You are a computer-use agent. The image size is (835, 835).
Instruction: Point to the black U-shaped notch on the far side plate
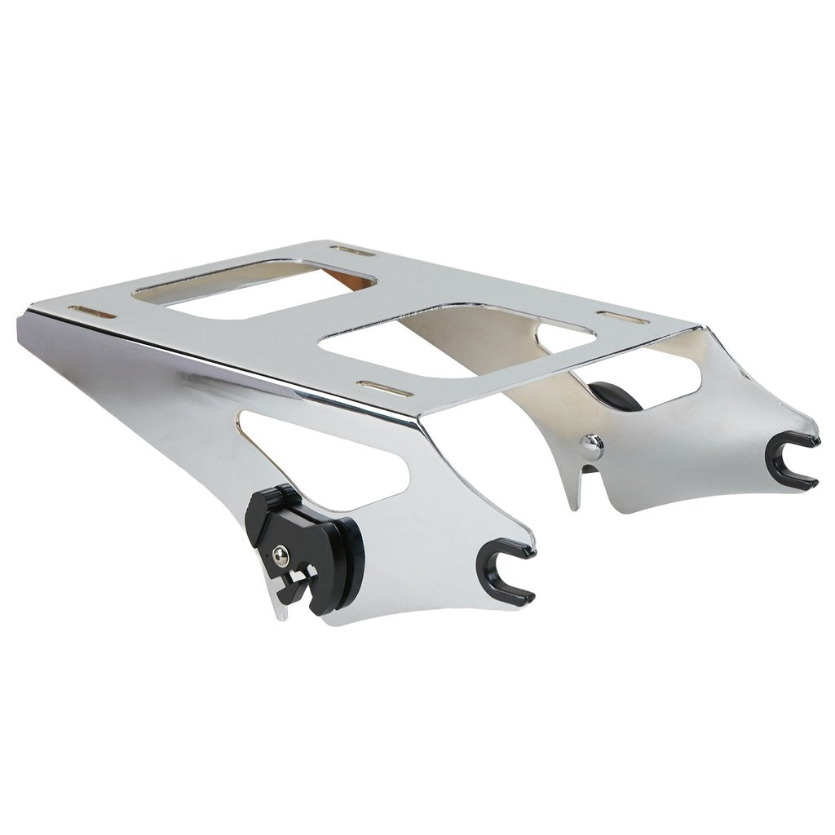(795, 462)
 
